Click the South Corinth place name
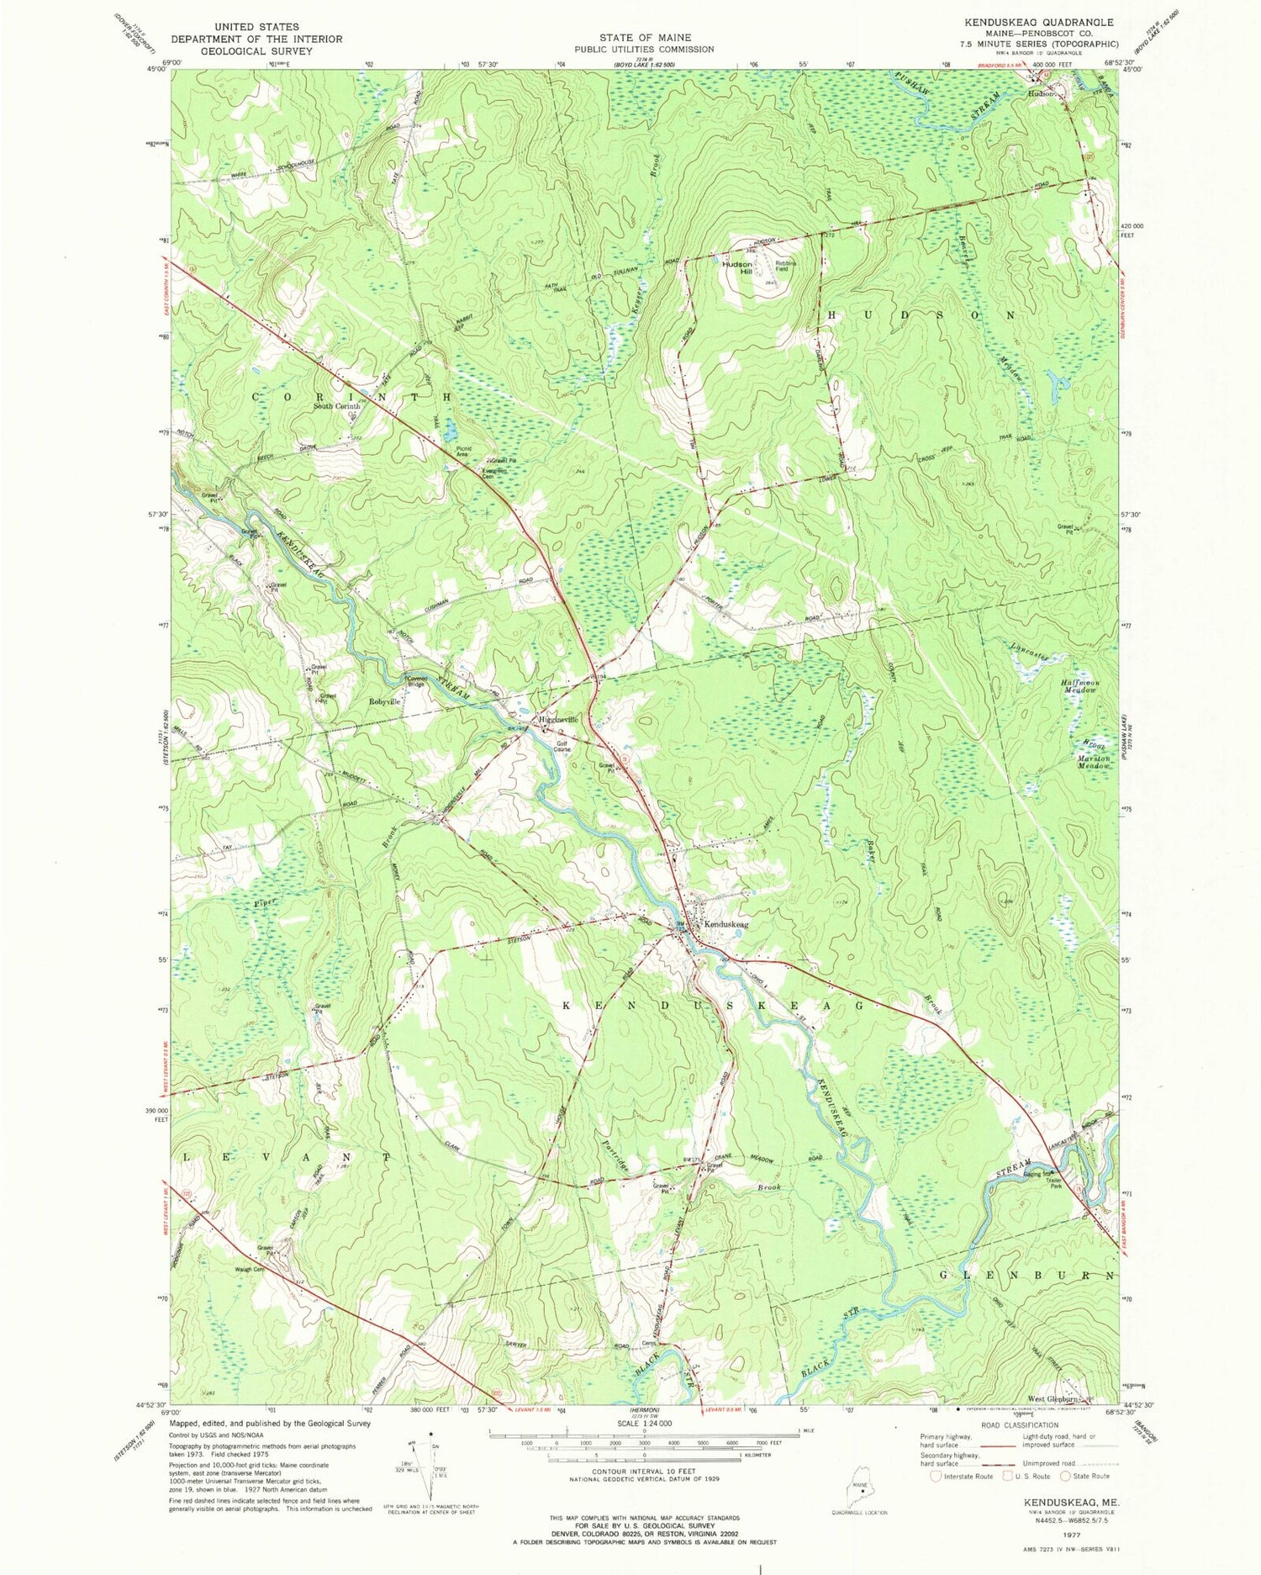coord(336,406)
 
